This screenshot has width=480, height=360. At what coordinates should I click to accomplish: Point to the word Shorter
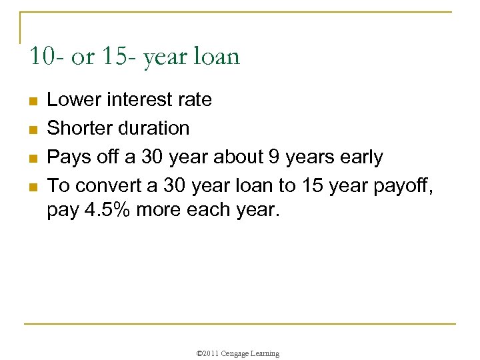80,128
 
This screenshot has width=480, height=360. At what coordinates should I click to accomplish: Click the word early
361,157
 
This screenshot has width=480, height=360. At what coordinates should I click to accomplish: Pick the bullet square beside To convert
31,186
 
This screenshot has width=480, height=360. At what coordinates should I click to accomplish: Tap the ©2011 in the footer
207,353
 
